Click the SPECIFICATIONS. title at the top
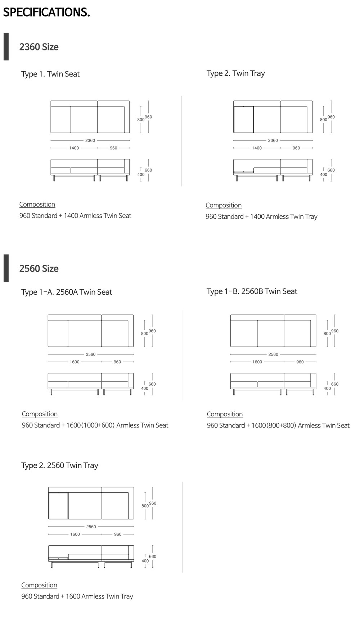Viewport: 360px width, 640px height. click(46, 12)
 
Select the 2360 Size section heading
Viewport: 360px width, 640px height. click(39, 47)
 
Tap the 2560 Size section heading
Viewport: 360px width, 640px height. click(39, 268)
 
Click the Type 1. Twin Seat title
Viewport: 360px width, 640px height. click(50, 74)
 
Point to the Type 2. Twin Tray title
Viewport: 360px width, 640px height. click(236, 73)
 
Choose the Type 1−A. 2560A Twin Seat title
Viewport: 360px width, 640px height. click(67, 292)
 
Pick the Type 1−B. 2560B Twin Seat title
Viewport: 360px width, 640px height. click(252, 291)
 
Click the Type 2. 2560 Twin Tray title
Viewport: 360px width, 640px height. click(60, 465)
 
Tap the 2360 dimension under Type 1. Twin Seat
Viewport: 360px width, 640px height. click(90, 140)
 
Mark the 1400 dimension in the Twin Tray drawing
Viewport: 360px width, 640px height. click(257, 148)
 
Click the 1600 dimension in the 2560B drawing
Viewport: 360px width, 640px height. click(257, 362)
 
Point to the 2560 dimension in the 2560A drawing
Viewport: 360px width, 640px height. click(91, 354)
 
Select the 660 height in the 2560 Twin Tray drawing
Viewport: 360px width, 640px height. click(153, 556)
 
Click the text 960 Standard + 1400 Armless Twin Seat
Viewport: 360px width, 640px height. click(75, 216)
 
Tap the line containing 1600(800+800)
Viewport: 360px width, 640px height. click(278, 425)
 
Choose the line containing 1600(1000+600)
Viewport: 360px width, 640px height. click(95, 425)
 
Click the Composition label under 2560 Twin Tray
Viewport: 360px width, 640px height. click(39, 585)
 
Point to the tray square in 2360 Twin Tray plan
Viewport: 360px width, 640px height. click(243, 120)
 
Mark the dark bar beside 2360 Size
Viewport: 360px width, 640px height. click(6, 46)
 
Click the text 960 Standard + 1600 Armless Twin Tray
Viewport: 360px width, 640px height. click(77, 596)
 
